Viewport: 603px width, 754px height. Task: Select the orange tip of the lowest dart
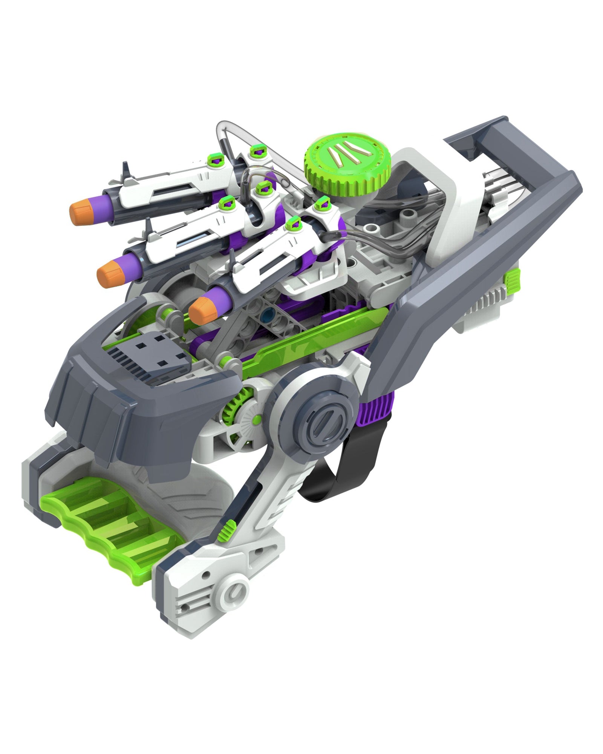[x=200, y=308]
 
